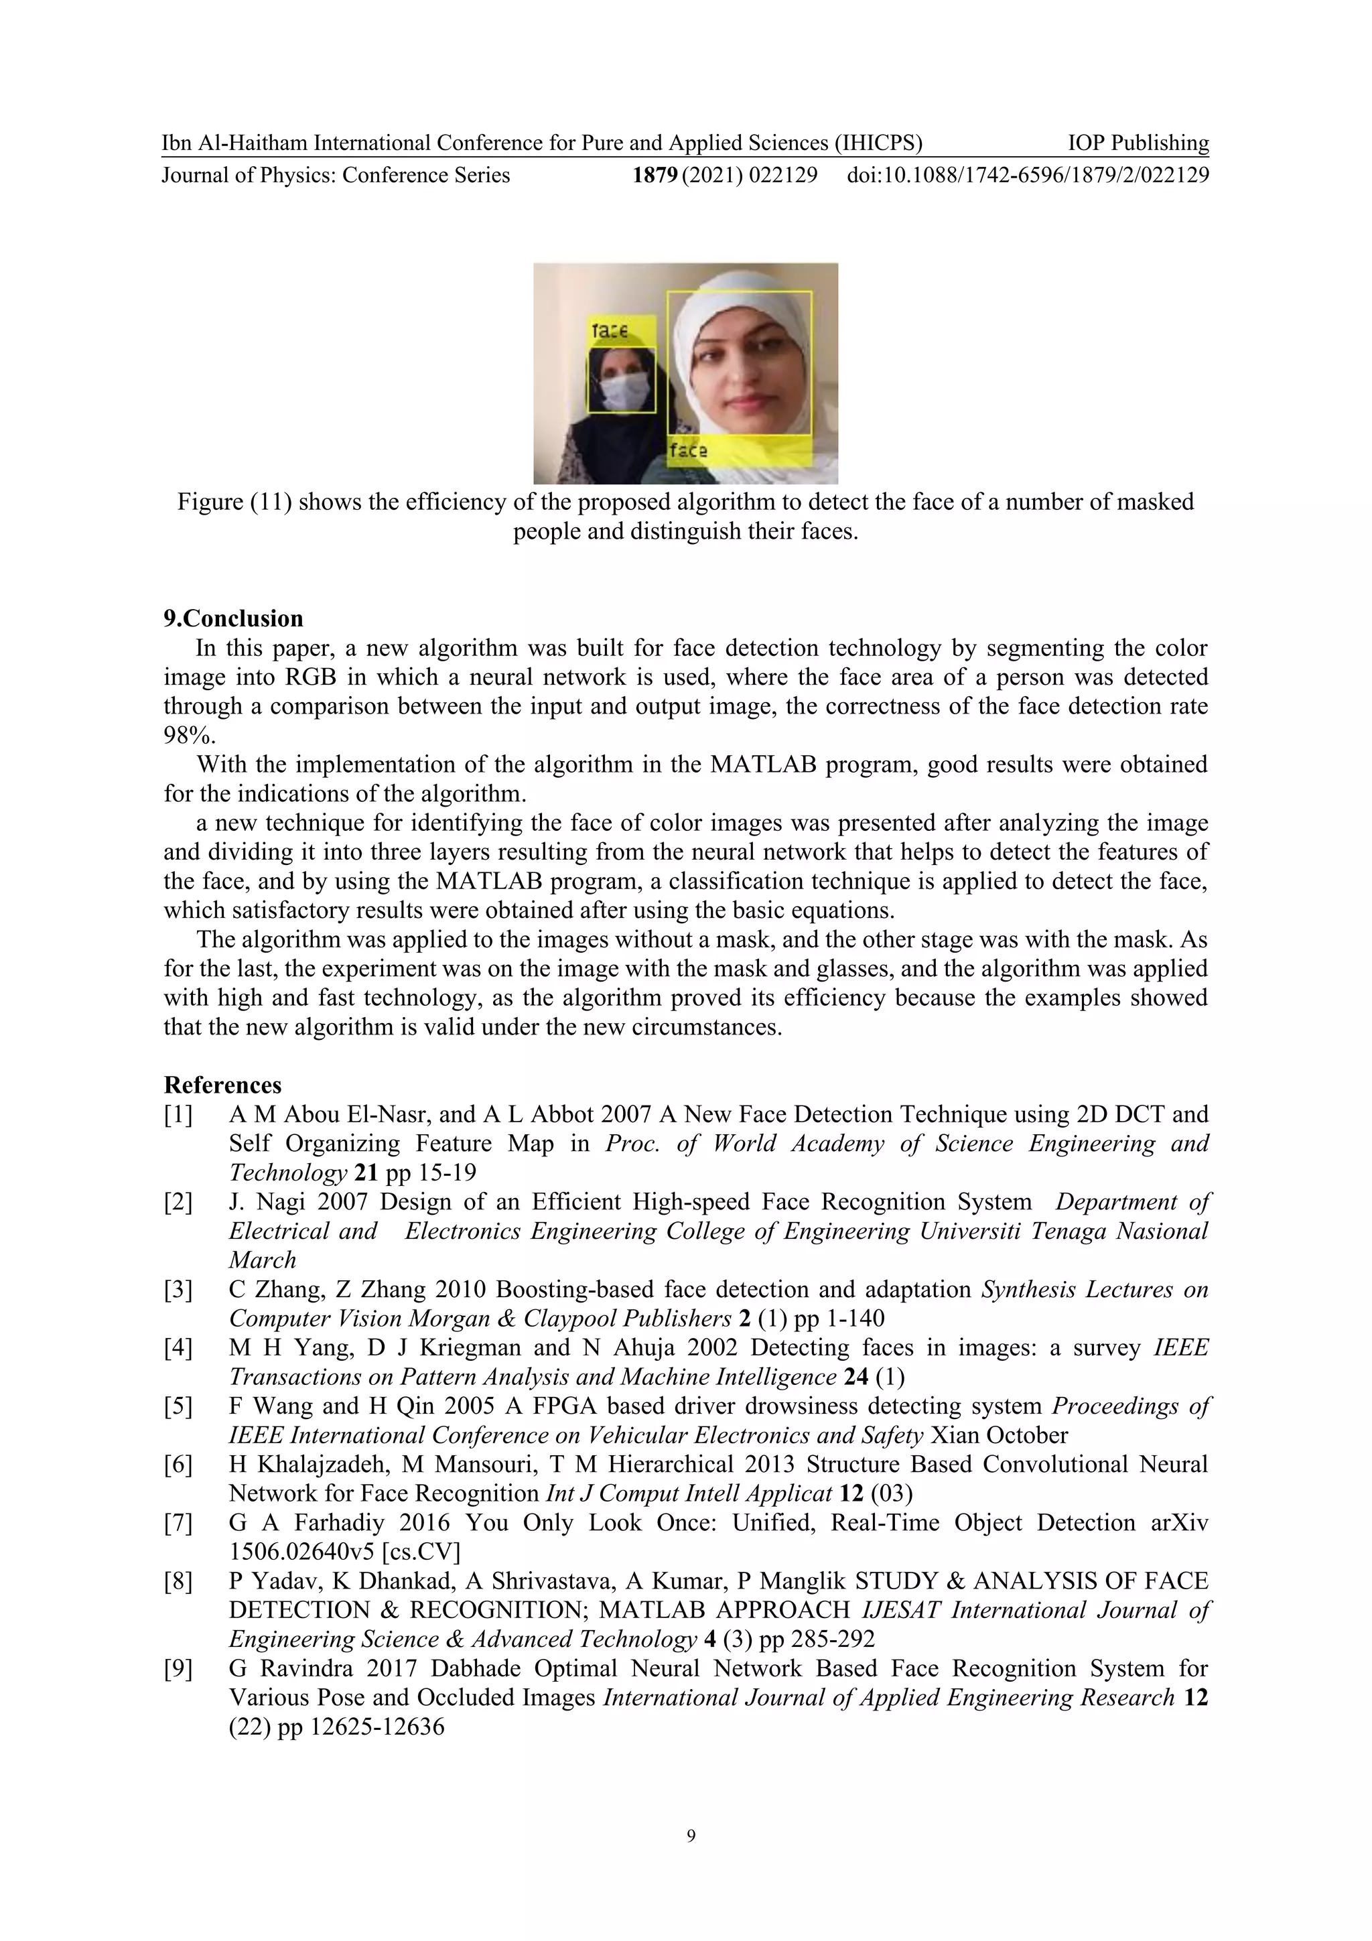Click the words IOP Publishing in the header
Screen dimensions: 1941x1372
pos(1138,143)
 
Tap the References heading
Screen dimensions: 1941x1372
pos(222,1085)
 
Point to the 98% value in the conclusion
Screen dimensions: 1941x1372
pos(181,734)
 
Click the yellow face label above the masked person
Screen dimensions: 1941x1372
pos(611,330)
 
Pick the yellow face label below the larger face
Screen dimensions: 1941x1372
pos(688,451)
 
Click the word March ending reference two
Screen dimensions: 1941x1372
pos(263,1260)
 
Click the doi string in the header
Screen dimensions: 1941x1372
pos(1027,175)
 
